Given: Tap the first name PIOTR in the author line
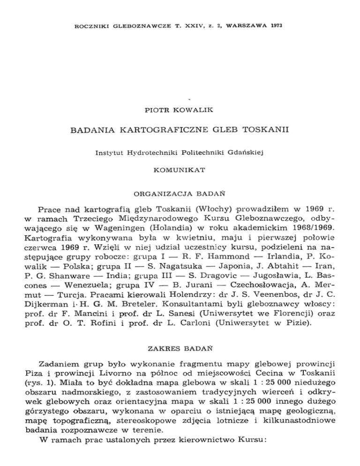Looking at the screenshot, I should pos(155,111).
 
